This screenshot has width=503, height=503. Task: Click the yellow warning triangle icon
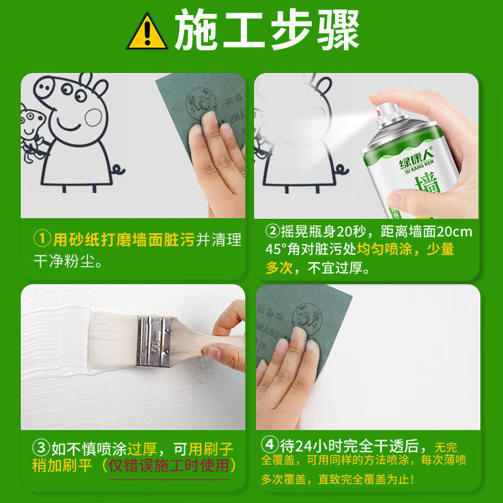click(x=147, y=33)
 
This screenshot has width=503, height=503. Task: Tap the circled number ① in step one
click(x=41, y=240)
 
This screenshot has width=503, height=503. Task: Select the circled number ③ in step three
click(x=41, y=449)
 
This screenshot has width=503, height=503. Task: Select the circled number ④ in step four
click(x=270, y=446)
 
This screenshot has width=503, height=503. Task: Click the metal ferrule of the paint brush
click(x=154, y=340)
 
